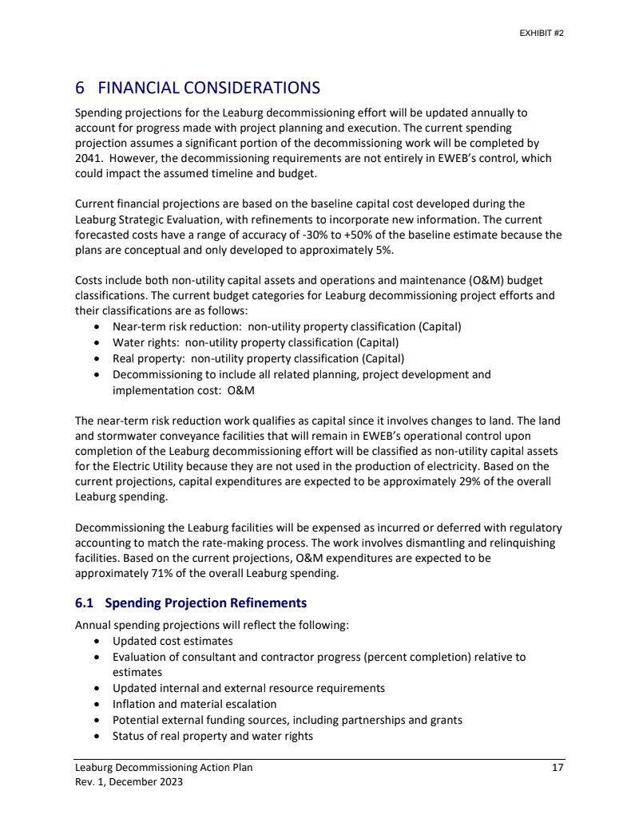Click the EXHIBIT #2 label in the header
tap(542, 34)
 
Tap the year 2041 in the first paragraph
tap(87, 158)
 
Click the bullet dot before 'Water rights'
tap(97, 342)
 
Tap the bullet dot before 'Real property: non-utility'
tap(97, 358)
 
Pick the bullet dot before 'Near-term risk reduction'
tap(97, 327)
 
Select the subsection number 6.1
tap(85, 603)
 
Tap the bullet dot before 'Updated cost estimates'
tap(97, 642)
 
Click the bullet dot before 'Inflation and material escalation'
tap(97, 704)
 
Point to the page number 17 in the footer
tap(558, 768)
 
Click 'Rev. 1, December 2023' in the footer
tap(129, 782)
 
